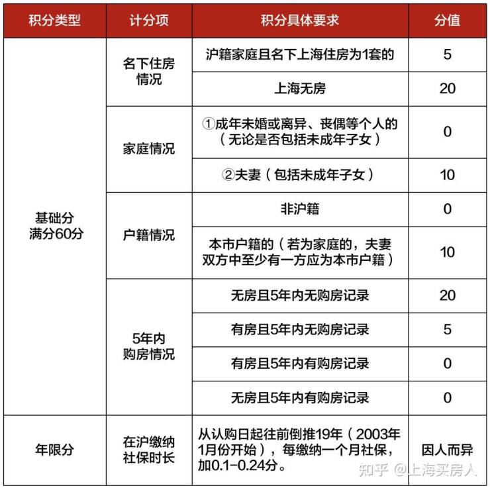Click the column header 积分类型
tap(54, 20)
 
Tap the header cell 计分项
tap(149, 20)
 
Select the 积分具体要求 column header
tap(300, 20)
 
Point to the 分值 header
tap(448, 20)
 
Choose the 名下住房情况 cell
tap(149, 72)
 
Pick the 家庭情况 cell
tap(149, 149)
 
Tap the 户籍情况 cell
tap(149, 235)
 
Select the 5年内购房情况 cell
tap(149, 346)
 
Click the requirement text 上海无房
tap(300, 88)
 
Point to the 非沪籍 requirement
tap(300, 209)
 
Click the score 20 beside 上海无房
tap(448, 88)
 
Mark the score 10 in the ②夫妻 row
tap(448, 175)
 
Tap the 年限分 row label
tap(54, 450)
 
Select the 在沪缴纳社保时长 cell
tap(149, 450)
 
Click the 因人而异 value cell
tap(448, 450)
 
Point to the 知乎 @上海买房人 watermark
tap(417, 470)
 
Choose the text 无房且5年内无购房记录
tap(300, 295)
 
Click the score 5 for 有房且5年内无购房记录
tap(448, 329)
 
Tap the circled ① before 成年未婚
tap(209, 124)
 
